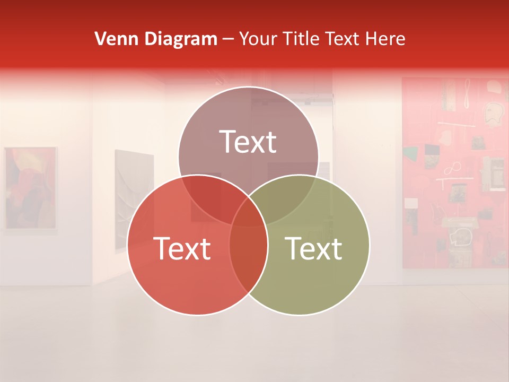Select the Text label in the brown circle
[248, 142]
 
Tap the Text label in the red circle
[182, 248]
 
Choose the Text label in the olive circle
[314, 248]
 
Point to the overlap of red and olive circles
[248, 249]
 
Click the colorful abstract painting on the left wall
[30, 188]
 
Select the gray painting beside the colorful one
[134, 199]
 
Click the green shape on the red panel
[410, 154]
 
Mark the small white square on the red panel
[410, 203]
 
